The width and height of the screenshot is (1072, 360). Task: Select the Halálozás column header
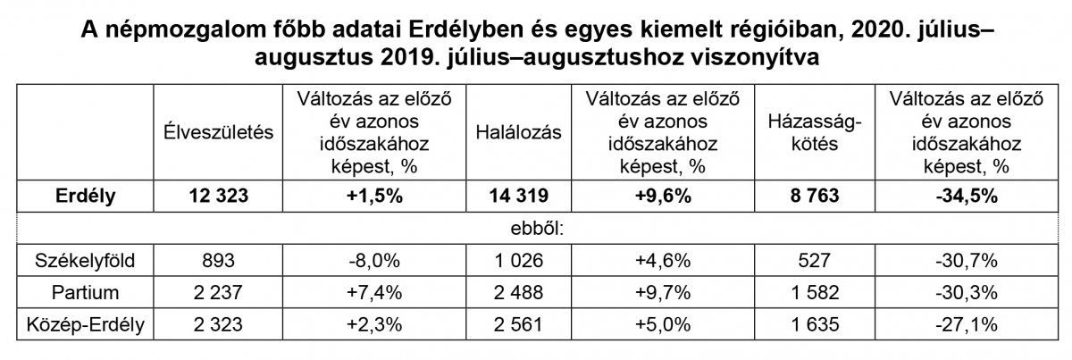(519, 132)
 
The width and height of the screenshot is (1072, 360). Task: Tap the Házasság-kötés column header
(809, 132)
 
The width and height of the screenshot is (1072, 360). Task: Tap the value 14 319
(519, 195)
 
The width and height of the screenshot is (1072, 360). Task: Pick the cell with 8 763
(809, 195)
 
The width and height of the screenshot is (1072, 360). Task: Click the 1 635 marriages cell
(809, 319)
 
